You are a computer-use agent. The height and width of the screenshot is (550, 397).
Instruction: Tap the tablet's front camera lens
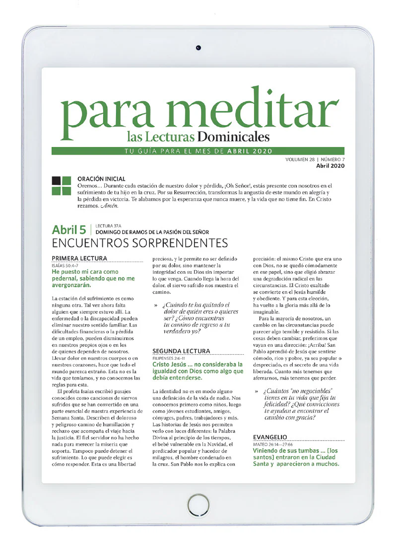(198, 48)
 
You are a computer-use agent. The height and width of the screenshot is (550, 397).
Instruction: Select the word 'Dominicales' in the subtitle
(233, 136)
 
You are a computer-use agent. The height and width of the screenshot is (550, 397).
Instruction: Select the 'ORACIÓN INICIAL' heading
(101, 178)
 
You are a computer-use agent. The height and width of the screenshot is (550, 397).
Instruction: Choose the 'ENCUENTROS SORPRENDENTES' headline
(139, 243)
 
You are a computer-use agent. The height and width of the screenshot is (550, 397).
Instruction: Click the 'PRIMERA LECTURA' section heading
(79, 258)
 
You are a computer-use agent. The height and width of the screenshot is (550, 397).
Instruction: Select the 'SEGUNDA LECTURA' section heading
(181, 350)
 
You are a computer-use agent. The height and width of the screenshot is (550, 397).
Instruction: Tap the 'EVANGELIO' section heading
(270, 437)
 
